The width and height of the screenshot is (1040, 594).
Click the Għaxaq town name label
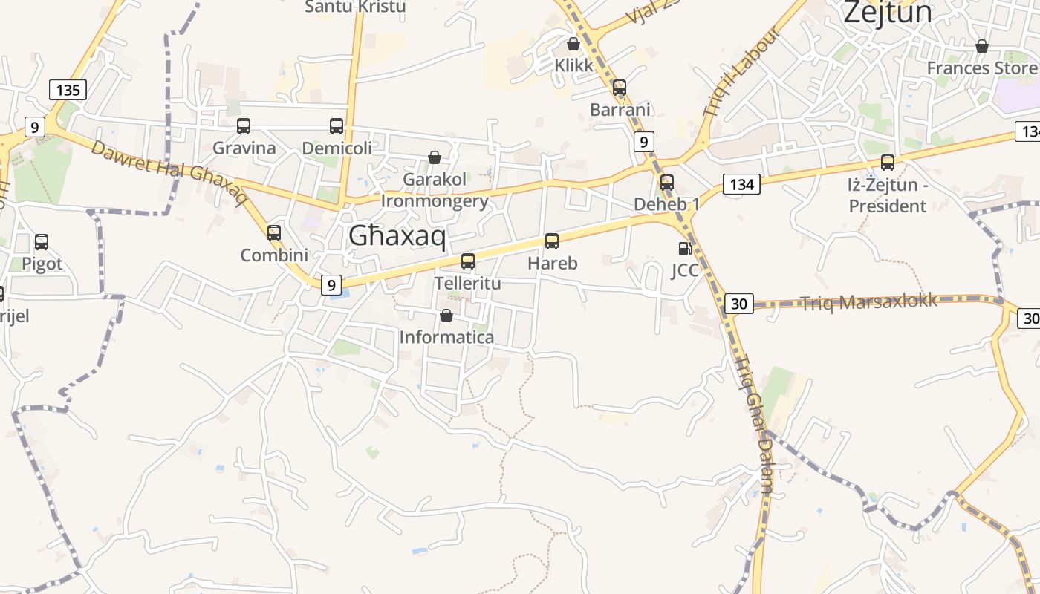[397, 237]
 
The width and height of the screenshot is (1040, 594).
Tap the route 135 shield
[68, 91]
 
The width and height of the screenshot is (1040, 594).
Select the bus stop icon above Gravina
[244, 126]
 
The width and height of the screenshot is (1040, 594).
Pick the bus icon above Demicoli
[337, 126]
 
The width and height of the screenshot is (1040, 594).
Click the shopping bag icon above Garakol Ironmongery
[435, 157]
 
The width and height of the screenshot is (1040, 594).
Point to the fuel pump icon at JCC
[685, 248]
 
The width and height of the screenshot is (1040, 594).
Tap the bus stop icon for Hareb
[552, 241]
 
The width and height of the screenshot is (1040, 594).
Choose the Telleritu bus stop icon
[468, 261]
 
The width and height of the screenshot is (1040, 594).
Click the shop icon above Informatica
[446, 316]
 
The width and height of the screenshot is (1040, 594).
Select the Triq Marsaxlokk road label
[868, 301]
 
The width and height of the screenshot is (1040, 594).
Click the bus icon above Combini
[274, 232]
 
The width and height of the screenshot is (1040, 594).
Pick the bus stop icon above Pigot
[42, 241]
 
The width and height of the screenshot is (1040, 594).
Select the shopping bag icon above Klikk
[573, 44]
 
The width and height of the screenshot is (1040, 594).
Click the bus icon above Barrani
[620, 88]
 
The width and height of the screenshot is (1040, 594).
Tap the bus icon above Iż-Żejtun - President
[888, 162]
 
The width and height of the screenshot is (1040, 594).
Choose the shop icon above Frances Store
[982, 46]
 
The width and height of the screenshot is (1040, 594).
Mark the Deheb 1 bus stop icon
[667, 182]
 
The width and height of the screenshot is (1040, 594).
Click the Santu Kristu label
[355, 7]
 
